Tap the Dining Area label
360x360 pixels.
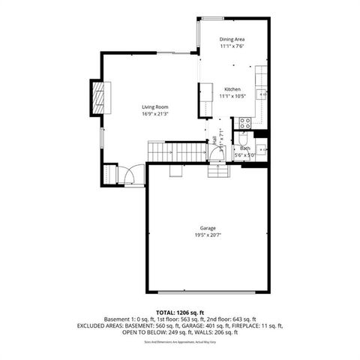click(232, 39)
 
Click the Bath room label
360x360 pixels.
click(244, 148)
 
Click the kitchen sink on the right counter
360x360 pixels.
click(262, 94)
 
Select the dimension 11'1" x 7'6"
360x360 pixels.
click(232, 46)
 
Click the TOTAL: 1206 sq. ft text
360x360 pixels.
click(179, 311)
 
